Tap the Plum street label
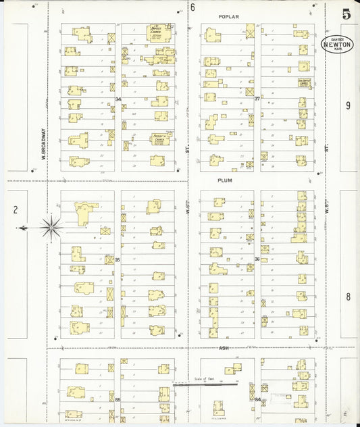click(225, 180)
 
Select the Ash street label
click(224, 349)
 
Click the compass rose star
click(51, 227)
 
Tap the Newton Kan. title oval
click(336, 45)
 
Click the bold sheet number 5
click(346, 14)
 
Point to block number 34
click(118, 99)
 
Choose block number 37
click(257, 99)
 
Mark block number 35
click(118, 259)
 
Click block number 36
click(257, 259)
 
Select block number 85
click(118, 400)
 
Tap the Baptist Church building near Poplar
click(159, 32)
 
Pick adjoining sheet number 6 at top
click(192, 7)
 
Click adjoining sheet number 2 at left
click(15, 209)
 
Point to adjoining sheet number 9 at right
click(348, 105)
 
